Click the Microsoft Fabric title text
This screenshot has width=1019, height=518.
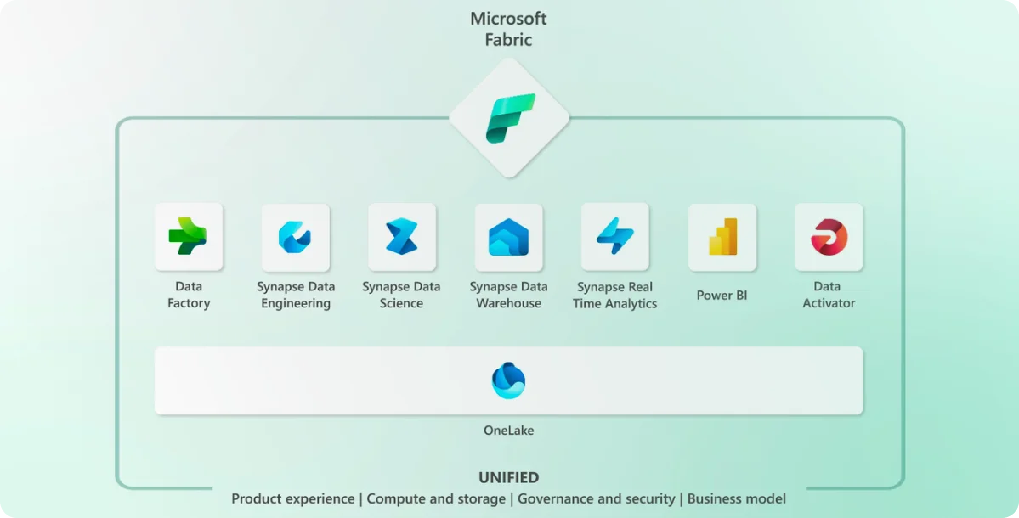(x=509, y=29)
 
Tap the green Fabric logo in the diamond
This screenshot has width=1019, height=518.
(x=510, y=118)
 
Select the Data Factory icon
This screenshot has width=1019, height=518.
(x=188, y=237)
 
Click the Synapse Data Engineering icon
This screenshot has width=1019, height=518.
(x=295, y=237)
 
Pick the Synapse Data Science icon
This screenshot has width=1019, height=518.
(x=401, y=237)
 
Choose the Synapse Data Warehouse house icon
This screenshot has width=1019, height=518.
(x=508, y=237)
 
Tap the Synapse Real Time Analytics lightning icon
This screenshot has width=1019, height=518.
(x=614, y=237)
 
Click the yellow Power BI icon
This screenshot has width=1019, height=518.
(x=722, y=237)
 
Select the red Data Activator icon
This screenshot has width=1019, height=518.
(x=829, y=237)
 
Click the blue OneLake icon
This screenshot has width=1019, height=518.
(x=508, y=380)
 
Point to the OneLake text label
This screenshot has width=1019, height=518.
(x=508, y=431)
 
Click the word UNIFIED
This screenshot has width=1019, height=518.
(x=508, y=478)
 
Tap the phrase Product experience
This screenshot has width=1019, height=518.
(x=292, y=499)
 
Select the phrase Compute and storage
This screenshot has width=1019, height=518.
(x=437, y=499)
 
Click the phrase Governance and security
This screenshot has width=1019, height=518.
(x=596, y=499)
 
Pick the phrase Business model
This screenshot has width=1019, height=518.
(x=736, y=499)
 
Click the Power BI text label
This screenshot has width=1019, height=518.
(x=722, y=296)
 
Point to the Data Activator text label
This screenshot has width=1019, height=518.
(x=829, y=295)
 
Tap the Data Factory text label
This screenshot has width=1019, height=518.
(x=188, y=295)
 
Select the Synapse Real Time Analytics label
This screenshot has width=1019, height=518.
(x=614, y=296)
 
